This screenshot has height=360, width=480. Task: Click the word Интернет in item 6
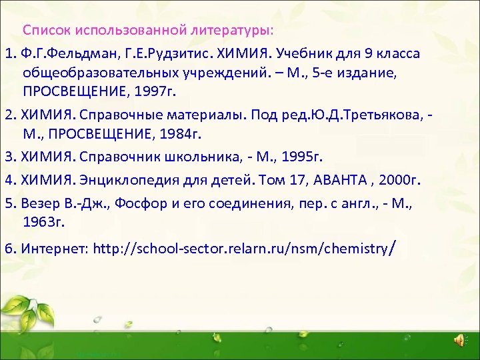[x=55, y=249]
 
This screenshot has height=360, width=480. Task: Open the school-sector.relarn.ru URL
[x=243, y=249]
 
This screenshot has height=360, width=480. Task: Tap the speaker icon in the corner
[x=460, y=341]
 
